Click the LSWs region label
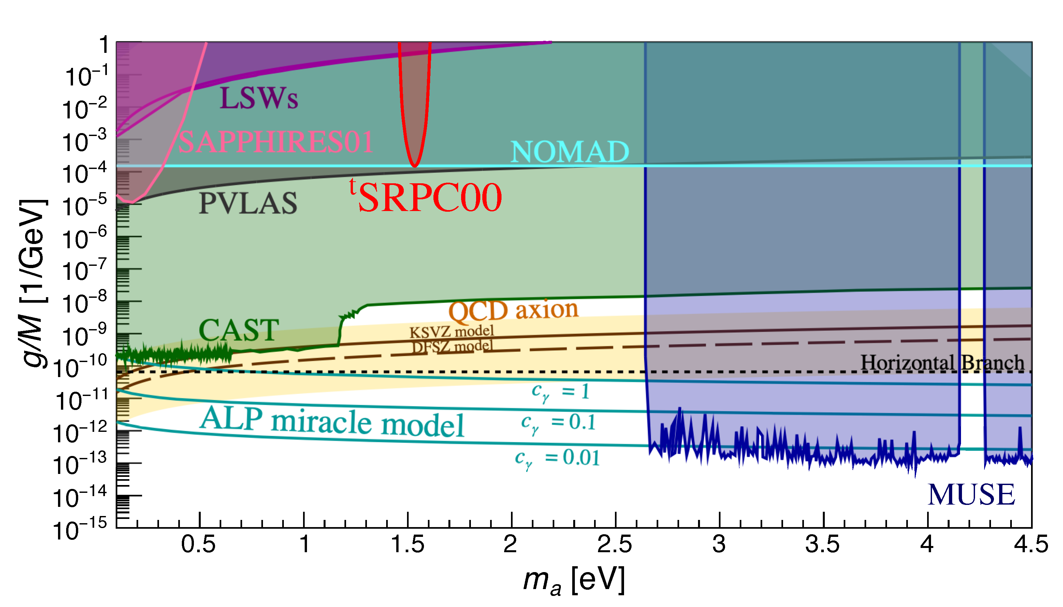pyautogui.click(x=259, y=99)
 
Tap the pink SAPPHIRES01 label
pyautogui.click(x=275, y=142)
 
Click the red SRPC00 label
pyautogui.click(x=429, y=198)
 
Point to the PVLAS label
pyautogui.click(x=248, y=204)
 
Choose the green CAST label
pyautogui.click(x=239, y=330)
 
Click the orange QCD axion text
pyautogui.click(x=513, y=311)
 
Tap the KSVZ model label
pyautogui.click(x=452, y=332)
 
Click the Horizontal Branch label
pyautogui.click(x=942, y=362)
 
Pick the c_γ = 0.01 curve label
pyautogui.click(x=557, y=458)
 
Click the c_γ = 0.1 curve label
pyautogui.click(x=558, y=423)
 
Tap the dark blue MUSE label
pyautogui.click(x=971, y=495)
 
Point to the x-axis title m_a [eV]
pyautogui.click(x=574, y=580)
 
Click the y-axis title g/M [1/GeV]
pyautogui.click(x=33, y=283)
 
